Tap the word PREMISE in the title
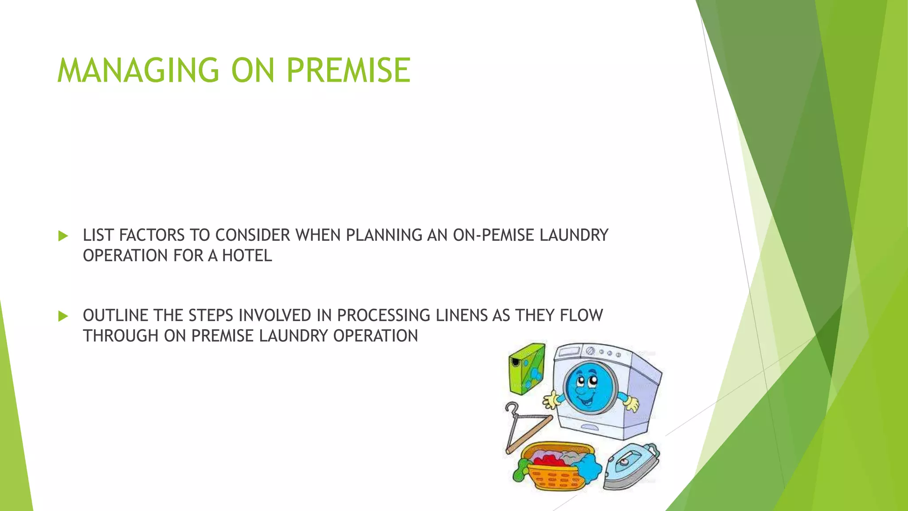[x=348, y=71]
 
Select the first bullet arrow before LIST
[x=63, y=236]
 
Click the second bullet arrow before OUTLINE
[x=63, y=316]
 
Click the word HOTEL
[x=247, y=256]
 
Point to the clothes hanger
[x=525, y=428]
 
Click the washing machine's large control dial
[x=590, y=351]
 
